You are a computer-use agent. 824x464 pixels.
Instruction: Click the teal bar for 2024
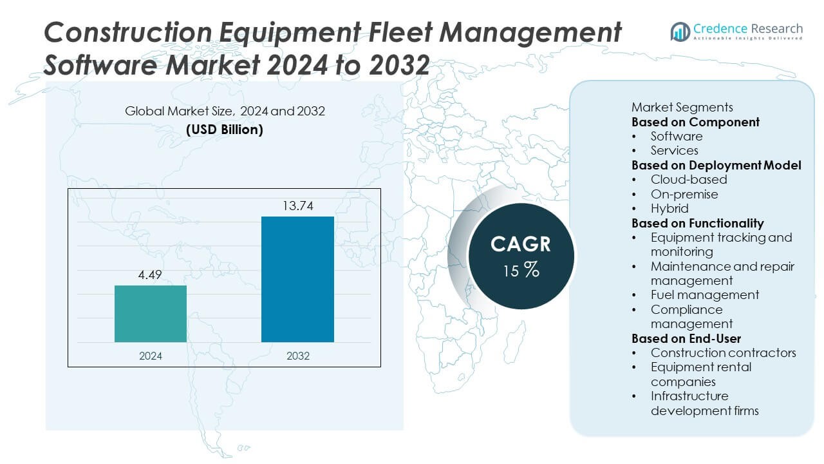tap(151, 314)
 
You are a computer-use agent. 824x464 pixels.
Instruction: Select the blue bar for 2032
tap(297, 279)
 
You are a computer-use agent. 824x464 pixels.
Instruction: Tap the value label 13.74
tap(297, 206)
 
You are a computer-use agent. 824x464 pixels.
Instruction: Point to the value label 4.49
tap(151, 275)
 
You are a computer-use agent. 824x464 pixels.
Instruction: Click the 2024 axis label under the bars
tap(151, 355)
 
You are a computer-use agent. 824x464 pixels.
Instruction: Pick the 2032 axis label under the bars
tap(297, 355)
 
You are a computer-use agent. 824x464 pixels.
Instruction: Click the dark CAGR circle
tap(521, 256)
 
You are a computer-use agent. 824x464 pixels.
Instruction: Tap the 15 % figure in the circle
tap(521, 270)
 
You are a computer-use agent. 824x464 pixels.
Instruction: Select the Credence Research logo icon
tap(680, 31)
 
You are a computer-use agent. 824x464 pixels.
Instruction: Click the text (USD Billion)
tap(225, 130)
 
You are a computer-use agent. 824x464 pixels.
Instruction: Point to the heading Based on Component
tap(695, 122)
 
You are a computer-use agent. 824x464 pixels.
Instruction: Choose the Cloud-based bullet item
tap(689, 179)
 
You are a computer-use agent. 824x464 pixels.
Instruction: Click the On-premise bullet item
tap(684, 194)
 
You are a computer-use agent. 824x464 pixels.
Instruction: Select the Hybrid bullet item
tap(669, 208)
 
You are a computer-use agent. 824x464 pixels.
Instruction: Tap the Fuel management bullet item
tap(705, 295)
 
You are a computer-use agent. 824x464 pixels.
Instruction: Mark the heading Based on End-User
tap(686, 338)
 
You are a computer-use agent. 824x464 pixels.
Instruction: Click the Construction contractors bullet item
tap(723, 353)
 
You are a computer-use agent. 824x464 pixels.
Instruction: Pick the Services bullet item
tap(674, 150)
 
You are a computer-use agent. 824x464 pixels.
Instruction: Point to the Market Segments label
tap(682, 107)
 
